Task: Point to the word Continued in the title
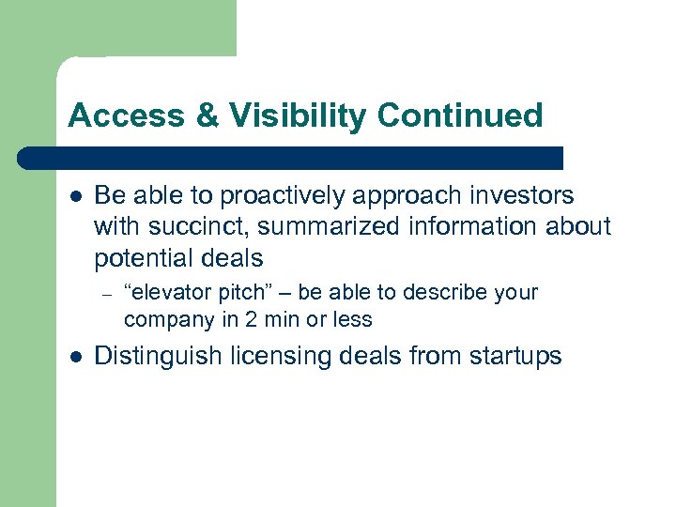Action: (x=460, y=115)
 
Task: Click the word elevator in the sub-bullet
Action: (x=166, y=292)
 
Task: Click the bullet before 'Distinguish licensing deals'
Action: (x=75, y=357)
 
